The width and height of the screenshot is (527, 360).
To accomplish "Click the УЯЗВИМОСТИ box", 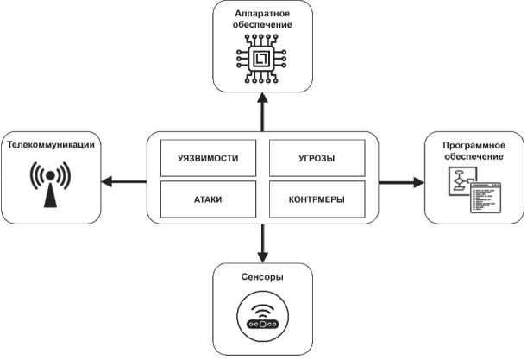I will pos(208,160).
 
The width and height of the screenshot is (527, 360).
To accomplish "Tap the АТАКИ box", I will pos(208,199).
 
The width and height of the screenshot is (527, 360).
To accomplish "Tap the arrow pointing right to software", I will pos(400,181).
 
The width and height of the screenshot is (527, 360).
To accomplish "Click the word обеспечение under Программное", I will pos(471,157).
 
